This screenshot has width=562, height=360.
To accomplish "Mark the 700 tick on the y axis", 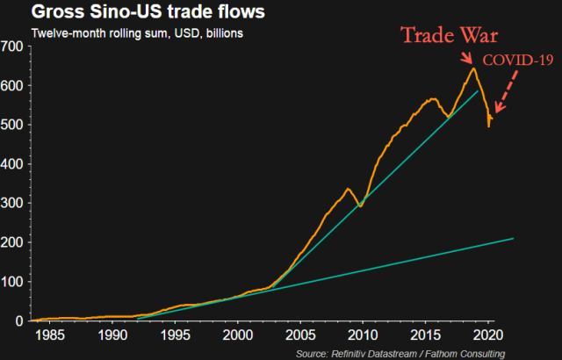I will point(13,46).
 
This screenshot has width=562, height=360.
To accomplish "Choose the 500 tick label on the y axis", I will point(13,125).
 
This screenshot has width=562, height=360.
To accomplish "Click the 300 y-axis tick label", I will point(13,203).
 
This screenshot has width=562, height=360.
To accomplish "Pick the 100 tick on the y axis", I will point(13,281).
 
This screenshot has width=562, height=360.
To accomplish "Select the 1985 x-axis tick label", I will point(49,335).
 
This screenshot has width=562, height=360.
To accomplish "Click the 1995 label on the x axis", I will point(175,335).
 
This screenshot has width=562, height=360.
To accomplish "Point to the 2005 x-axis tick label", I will point(300,335).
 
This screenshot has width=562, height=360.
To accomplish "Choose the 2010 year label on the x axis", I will point(363,335).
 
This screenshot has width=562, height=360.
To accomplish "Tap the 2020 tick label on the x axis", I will point(488,335).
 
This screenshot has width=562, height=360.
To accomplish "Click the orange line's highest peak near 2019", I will point(473,68).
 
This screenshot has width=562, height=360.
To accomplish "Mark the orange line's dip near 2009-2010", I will point(360,206).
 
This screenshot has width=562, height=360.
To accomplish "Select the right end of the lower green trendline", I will point(513,238).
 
